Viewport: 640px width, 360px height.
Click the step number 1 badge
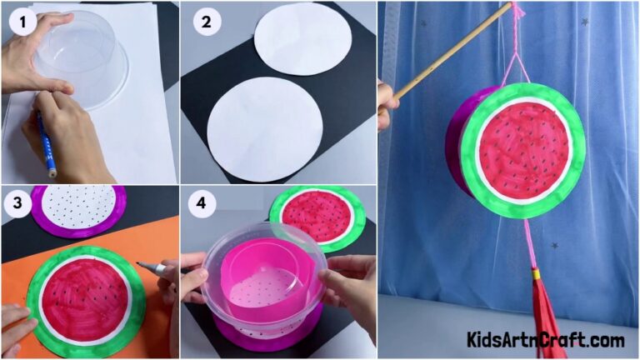[x=22, y=22]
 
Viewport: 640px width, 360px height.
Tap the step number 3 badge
[x=15, y=205]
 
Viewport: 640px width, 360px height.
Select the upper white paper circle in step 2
[x=302, y=39]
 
